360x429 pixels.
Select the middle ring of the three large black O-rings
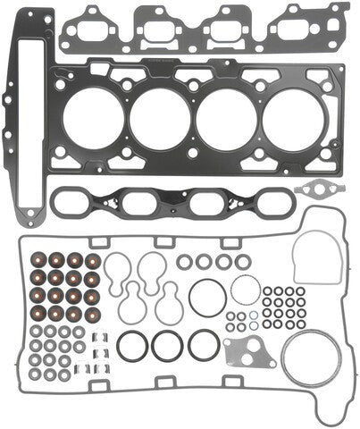click(x=166, y=345)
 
